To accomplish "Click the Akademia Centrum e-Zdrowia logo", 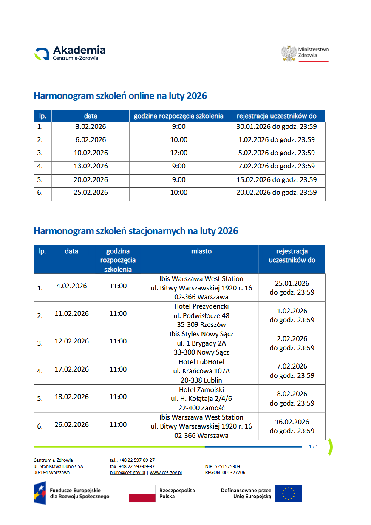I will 70,53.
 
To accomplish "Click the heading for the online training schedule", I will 120,96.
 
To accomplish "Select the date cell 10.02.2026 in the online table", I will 91,153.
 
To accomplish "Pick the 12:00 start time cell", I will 178,153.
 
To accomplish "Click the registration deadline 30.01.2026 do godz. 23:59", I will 276,127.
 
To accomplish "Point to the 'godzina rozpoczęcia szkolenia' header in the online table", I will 178,116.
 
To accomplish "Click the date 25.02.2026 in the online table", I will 91,193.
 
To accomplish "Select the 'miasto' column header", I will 201,251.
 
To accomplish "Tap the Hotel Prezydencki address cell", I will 201,315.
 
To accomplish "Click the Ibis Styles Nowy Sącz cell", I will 201,343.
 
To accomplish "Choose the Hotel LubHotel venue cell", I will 201,371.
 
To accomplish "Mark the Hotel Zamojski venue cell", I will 201,399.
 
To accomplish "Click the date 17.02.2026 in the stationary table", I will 72,369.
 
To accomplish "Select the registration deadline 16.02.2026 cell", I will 292,426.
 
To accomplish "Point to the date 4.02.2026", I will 71,286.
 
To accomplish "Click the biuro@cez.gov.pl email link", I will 127,472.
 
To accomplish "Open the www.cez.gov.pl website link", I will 166,472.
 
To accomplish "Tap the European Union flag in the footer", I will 288,494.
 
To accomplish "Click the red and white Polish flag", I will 142,494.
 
